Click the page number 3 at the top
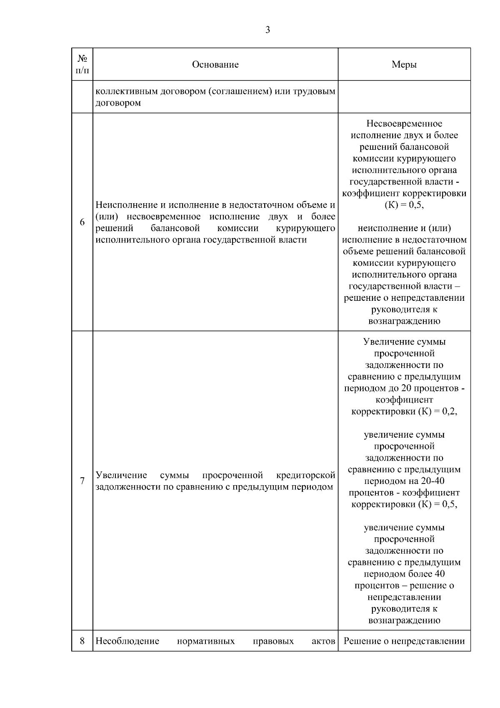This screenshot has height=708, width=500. click(267, 30)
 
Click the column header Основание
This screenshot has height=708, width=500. click(215, 65)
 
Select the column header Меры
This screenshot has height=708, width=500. click(404, 65)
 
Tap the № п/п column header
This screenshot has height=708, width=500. click(82, 64)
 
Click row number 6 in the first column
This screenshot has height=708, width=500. click(82, 222)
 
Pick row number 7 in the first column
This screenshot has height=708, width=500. click(82, 481)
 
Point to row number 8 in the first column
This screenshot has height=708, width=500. click(82, 641)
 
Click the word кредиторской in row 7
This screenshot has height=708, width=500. click(306, 475)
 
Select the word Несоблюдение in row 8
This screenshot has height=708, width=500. click(127, 641)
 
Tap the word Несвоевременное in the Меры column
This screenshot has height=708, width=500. click(404, 123)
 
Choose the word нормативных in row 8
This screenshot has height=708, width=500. click(206, 641)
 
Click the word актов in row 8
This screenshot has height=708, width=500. click(323, 641)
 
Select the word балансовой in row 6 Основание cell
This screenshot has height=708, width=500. click(175, 228)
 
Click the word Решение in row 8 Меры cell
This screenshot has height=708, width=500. click(359, 641)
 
